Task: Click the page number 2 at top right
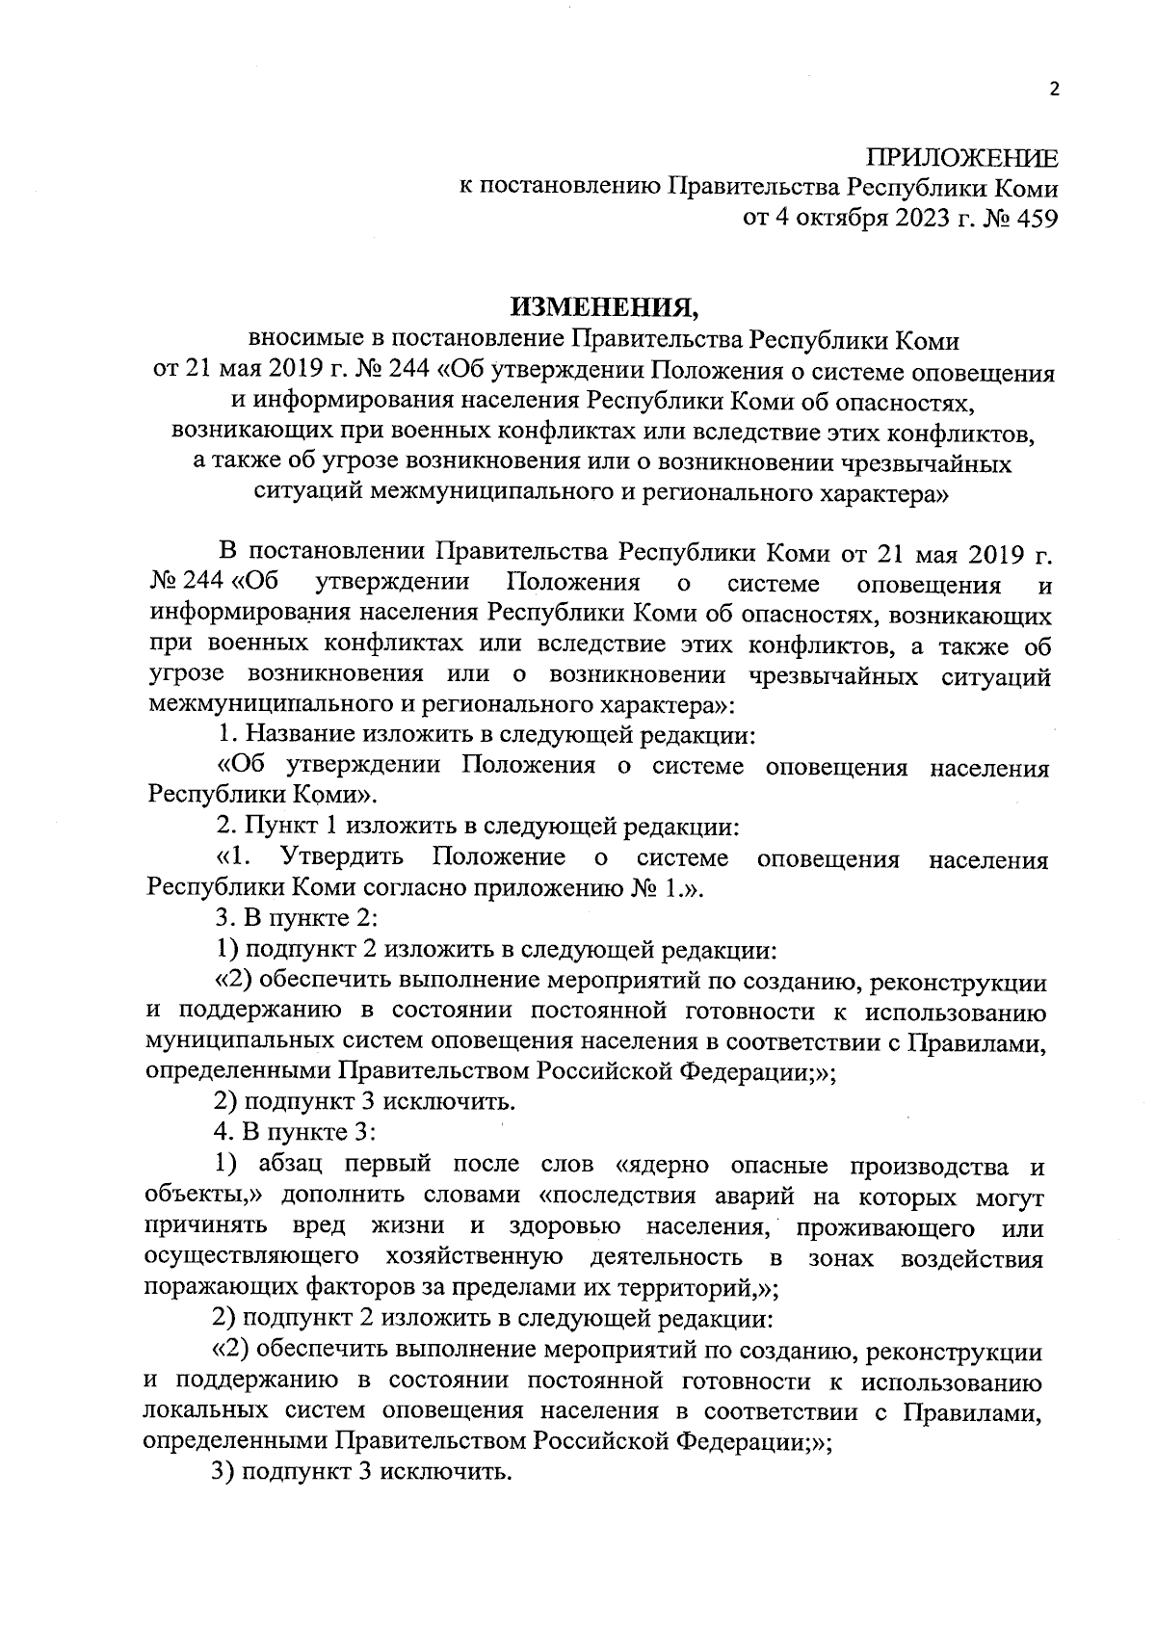(1053, 90)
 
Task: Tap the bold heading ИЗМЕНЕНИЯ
(605, 307)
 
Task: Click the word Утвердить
(342, 857)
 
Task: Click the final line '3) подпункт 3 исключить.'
(361, 1473)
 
